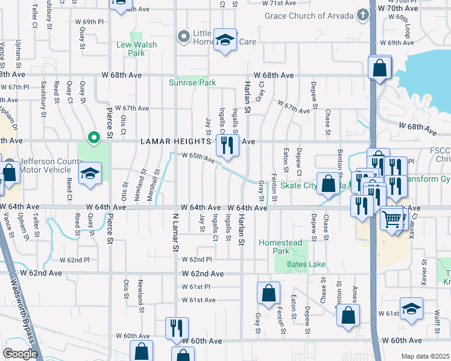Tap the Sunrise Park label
coord(192,82)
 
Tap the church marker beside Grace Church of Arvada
coord(362,14)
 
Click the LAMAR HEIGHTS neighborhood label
coord(176,141)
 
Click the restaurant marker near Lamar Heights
coord(227,145)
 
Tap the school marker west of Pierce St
coord(90,174)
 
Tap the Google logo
coord(20,354)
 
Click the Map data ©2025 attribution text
coord(425,356)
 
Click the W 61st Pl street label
coord(194,287)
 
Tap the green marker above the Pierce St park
coord(93,138)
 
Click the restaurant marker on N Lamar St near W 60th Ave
coord(176,328)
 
